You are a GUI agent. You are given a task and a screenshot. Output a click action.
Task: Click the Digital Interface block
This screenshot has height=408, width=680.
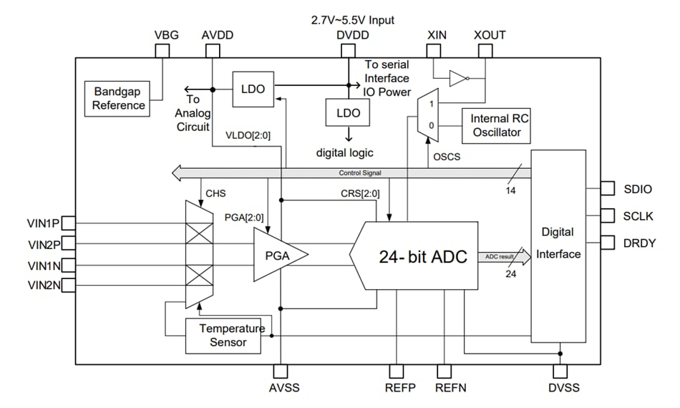(x=558, y=246)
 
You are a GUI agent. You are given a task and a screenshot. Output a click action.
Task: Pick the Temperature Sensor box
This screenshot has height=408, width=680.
(x=223, y=335)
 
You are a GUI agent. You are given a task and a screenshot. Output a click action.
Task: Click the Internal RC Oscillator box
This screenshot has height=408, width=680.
(x=500, y=125)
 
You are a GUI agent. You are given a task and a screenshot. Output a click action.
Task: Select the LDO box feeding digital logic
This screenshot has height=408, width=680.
(x=348, y=113)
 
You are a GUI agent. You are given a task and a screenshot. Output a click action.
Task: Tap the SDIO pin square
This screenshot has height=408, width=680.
(x=607, y=188)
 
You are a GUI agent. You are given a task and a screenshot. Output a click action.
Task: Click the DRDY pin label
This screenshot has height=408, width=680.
(x=639, y=243)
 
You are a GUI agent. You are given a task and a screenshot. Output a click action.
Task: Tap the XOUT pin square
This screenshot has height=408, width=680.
(x=485, y=51)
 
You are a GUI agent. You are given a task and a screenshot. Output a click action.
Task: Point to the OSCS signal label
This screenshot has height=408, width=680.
(x=447, y=156)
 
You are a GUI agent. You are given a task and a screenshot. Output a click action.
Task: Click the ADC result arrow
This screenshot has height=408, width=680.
(x=505, y=256)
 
